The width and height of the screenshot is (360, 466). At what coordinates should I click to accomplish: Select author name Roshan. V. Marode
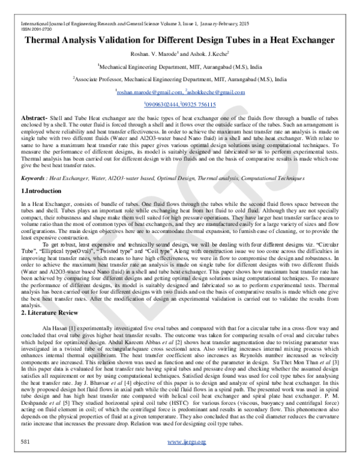tap(158, 55)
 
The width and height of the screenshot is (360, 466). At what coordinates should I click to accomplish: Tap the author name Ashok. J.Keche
tap(211, 55)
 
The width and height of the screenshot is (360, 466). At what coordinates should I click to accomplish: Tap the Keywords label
tap(28, 178)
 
